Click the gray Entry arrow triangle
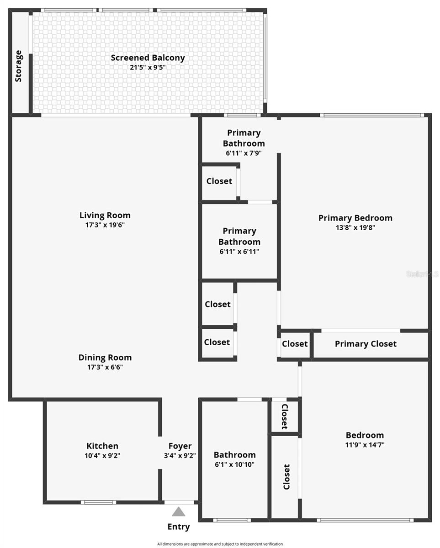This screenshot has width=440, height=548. coord(179,511)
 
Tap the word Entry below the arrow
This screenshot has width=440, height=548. coord(179,527)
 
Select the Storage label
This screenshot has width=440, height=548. coord(19,66)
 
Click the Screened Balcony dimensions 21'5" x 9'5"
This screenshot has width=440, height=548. coord(148,67)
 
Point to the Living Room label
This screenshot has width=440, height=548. coord(105,215)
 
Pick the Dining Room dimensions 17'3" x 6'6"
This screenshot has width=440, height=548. coord(105,367)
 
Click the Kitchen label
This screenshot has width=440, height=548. coord(102,446)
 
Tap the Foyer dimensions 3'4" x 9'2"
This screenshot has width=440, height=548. coord(180,455)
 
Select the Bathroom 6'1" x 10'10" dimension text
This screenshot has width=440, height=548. coord(234,464)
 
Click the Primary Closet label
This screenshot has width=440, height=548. coord(366,344)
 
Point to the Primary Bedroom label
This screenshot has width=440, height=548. coord(355,218)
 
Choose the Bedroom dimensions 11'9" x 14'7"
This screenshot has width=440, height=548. coord(365,445)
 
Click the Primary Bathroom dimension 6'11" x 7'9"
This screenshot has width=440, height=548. coord(244,153)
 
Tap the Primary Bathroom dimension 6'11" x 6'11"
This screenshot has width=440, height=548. coord(239,251)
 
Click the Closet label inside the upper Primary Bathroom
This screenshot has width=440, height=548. coord(219,181)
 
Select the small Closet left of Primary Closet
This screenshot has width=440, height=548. coord(295,344)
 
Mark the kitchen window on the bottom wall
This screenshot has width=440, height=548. coord(98,502)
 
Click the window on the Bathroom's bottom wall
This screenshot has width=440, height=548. coord(232,520)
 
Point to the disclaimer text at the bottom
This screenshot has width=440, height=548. coord(220,544)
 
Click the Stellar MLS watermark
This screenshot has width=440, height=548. coord(422,274)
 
